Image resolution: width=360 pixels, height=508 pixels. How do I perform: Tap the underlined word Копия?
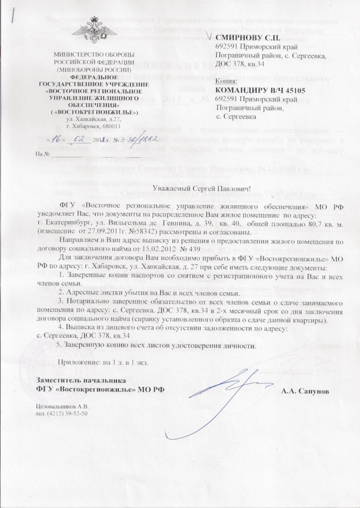225,81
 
